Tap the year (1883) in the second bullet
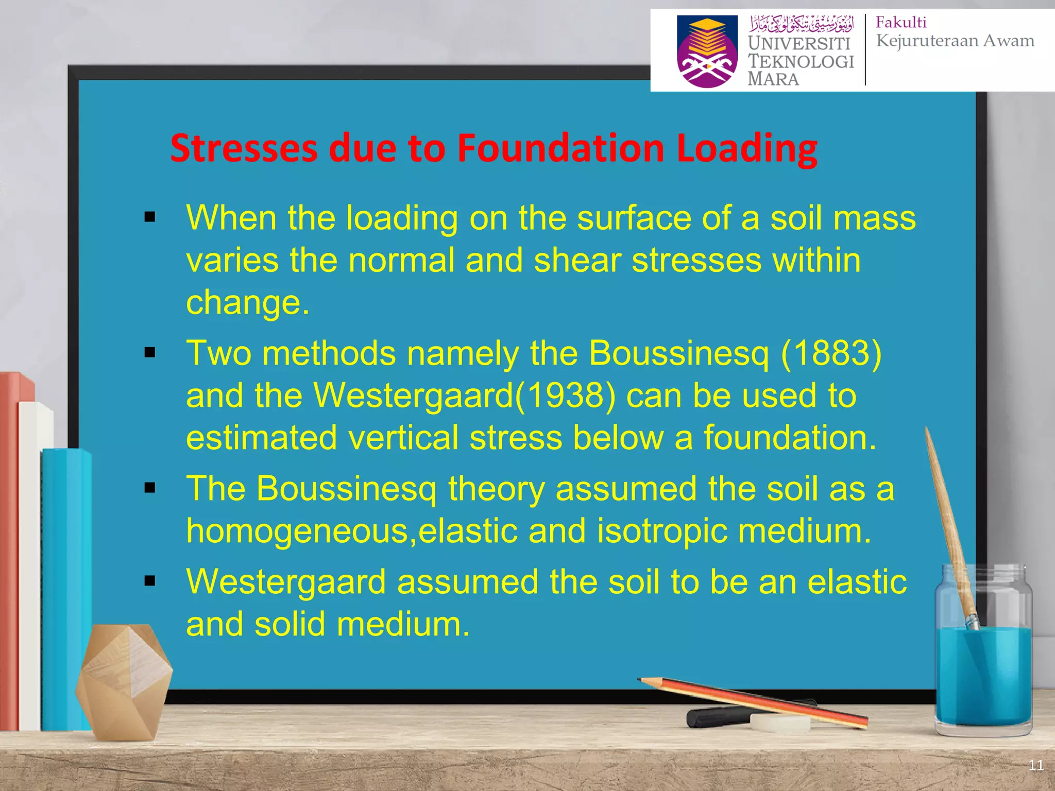point(831,353)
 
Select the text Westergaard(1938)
point(465,395)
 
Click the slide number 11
point(1036,765)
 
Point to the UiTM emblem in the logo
point(707,51)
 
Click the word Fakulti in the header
point(901,22)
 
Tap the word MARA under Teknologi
point(773,79)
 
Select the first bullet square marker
point(150,217)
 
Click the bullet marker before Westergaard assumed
point(150,581)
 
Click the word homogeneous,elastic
point(351,530)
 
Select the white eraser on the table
point(779,722)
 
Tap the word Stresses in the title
point(244,148)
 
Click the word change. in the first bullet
point(248,302)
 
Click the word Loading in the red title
point(747,148)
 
